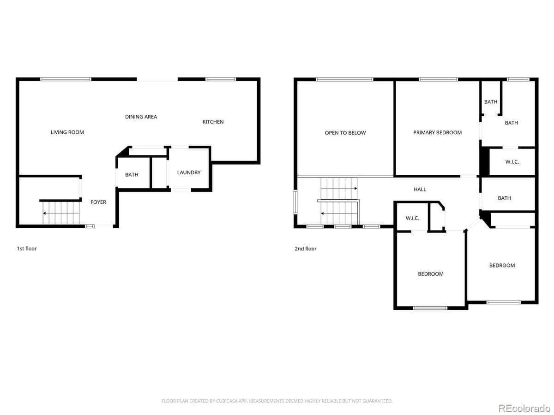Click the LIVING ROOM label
click(67, 132)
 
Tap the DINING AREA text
click(141, 117)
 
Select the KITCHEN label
click(213, 122)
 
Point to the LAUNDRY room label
click(189, 172)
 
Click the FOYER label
click(98, 202)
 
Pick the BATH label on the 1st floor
click(132, 175)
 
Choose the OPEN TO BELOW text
click(345, 133)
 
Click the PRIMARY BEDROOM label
click(437, 132)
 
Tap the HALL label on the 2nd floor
click(420, 189)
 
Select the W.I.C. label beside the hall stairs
click(412, 218)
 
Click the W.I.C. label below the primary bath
click(512, 162)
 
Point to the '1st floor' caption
click(27, 249)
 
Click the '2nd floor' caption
click(306, 249)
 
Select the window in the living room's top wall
click(66, 79)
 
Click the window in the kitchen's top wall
click(221, 79)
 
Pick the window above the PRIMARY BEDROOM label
click(438, 79)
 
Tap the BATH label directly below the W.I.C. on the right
click(504, 198)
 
